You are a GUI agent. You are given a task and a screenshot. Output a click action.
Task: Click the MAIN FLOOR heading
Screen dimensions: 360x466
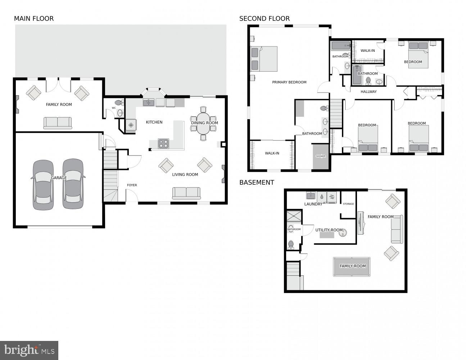[34, 19]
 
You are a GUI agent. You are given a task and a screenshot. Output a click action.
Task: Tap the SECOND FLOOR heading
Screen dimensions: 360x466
[264, 19]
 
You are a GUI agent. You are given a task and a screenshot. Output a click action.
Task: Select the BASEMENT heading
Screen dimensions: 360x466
[257, 183]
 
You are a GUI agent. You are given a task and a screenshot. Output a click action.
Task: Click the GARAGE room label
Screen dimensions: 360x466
[59, 178]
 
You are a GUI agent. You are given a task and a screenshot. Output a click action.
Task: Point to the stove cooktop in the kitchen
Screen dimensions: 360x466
[163, 144]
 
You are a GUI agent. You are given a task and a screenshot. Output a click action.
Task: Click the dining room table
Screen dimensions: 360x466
[203, 123]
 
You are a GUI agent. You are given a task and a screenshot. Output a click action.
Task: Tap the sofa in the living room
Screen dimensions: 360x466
[186, 193]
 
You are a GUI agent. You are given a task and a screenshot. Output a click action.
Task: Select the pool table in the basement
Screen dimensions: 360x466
[352, 266]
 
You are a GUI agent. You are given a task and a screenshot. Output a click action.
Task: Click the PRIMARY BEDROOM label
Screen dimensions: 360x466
[289, 82]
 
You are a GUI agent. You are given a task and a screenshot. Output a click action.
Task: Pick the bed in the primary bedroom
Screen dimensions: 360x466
[264, 59]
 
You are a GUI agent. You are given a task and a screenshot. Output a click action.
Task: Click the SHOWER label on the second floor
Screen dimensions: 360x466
[321, 156]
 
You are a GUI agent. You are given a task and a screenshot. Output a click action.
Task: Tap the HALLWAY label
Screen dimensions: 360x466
[368, 92]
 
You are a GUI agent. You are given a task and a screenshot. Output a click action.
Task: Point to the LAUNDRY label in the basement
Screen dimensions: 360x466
[313, 204]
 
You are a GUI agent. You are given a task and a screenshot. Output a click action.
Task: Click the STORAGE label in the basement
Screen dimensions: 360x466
[348, 204]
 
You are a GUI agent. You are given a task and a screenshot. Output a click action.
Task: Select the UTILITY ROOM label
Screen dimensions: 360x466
[329, 230]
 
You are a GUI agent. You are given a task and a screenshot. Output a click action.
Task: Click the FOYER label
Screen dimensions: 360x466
[132, 185]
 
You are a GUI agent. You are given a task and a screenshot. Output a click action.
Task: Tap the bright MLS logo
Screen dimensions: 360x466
[29, 350]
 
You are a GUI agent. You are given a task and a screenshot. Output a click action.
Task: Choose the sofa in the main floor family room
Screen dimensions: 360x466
[58, 122]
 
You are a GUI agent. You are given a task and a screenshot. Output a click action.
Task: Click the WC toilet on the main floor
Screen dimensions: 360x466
[118, 103]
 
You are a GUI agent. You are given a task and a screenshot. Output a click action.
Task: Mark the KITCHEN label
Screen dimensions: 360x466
[154, 122]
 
